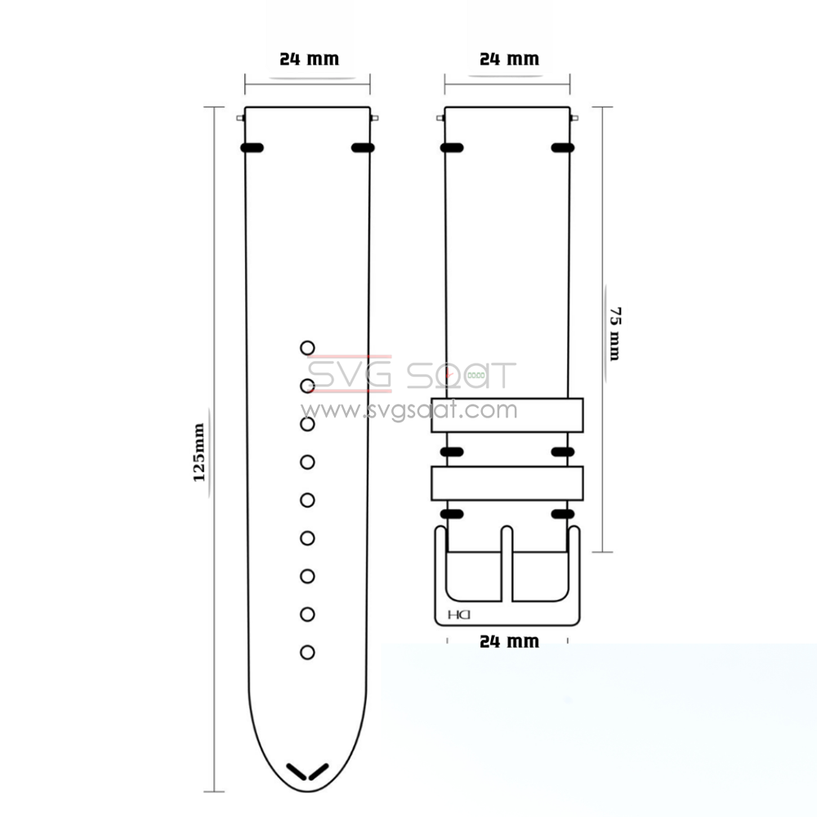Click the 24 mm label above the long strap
coord(309,59)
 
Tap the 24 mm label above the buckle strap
coord(509,59)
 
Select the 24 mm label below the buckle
coord(509,641)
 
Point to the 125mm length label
coord(199,453)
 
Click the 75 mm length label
coord(615,334)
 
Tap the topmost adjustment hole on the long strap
coord(307,347)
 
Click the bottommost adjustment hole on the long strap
coord(307,652)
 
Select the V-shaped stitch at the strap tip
coord(307,772)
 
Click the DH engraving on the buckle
coord(459,615)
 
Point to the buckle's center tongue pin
coord(507,564)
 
